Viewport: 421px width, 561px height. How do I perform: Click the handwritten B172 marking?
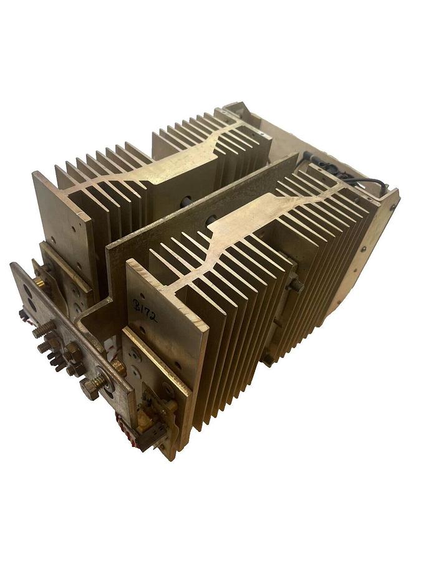point(145,310)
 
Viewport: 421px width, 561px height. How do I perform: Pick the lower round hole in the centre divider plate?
point(211,219)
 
